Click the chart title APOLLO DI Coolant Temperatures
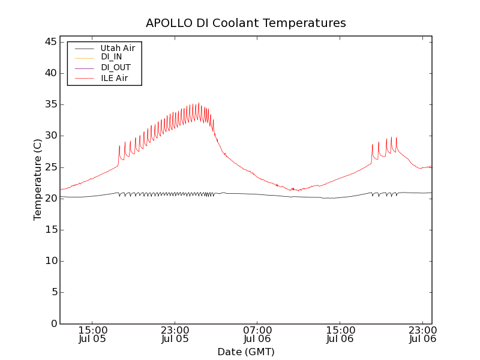246,23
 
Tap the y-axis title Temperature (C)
38,179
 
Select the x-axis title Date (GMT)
246,352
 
